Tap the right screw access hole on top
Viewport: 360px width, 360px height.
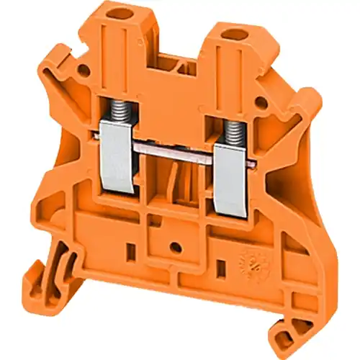click(x=233, y=34)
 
